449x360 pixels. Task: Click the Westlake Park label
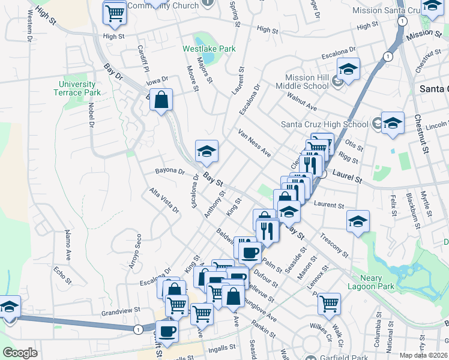(x=209, y=49)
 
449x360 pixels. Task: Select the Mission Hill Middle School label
(x=299, y=82)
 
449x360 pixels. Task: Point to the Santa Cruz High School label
(x=325, y=125)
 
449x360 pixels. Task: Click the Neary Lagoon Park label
(x=369, y=282)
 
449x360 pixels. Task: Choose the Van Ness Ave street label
(x=254, y=143)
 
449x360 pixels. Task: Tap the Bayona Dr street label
(x=169, y=171)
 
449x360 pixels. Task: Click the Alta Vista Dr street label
(x=164, y=200)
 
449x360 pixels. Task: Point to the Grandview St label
(x=120, y=311)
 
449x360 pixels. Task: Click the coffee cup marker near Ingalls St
(x=167, y=330)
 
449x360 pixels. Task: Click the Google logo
(x=20, y=353)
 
